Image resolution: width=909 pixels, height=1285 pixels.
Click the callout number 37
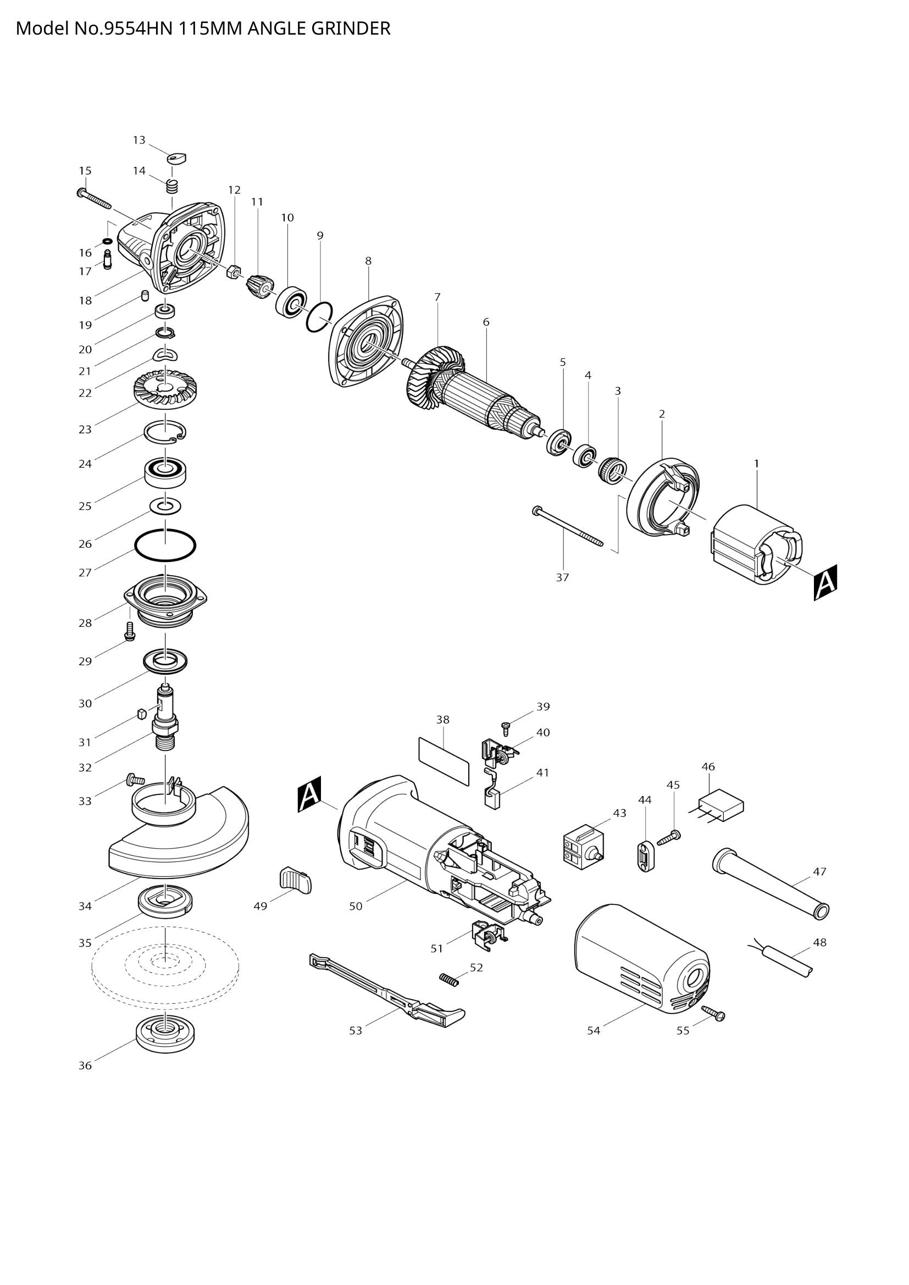[x=562, y=577]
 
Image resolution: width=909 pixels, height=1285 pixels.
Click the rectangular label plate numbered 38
[x=443, y=761]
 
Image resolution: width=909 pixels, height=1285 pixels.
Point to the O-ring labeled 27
[x=165, y=544]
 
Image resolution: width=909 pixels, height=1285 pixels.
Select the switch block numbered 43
[x=583, y=854]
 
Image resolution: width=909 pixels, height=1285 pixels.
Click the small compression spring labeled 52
[x=449, y=979]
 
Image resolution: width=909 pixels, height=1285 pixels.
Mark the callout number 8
[x=368, y=261]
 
